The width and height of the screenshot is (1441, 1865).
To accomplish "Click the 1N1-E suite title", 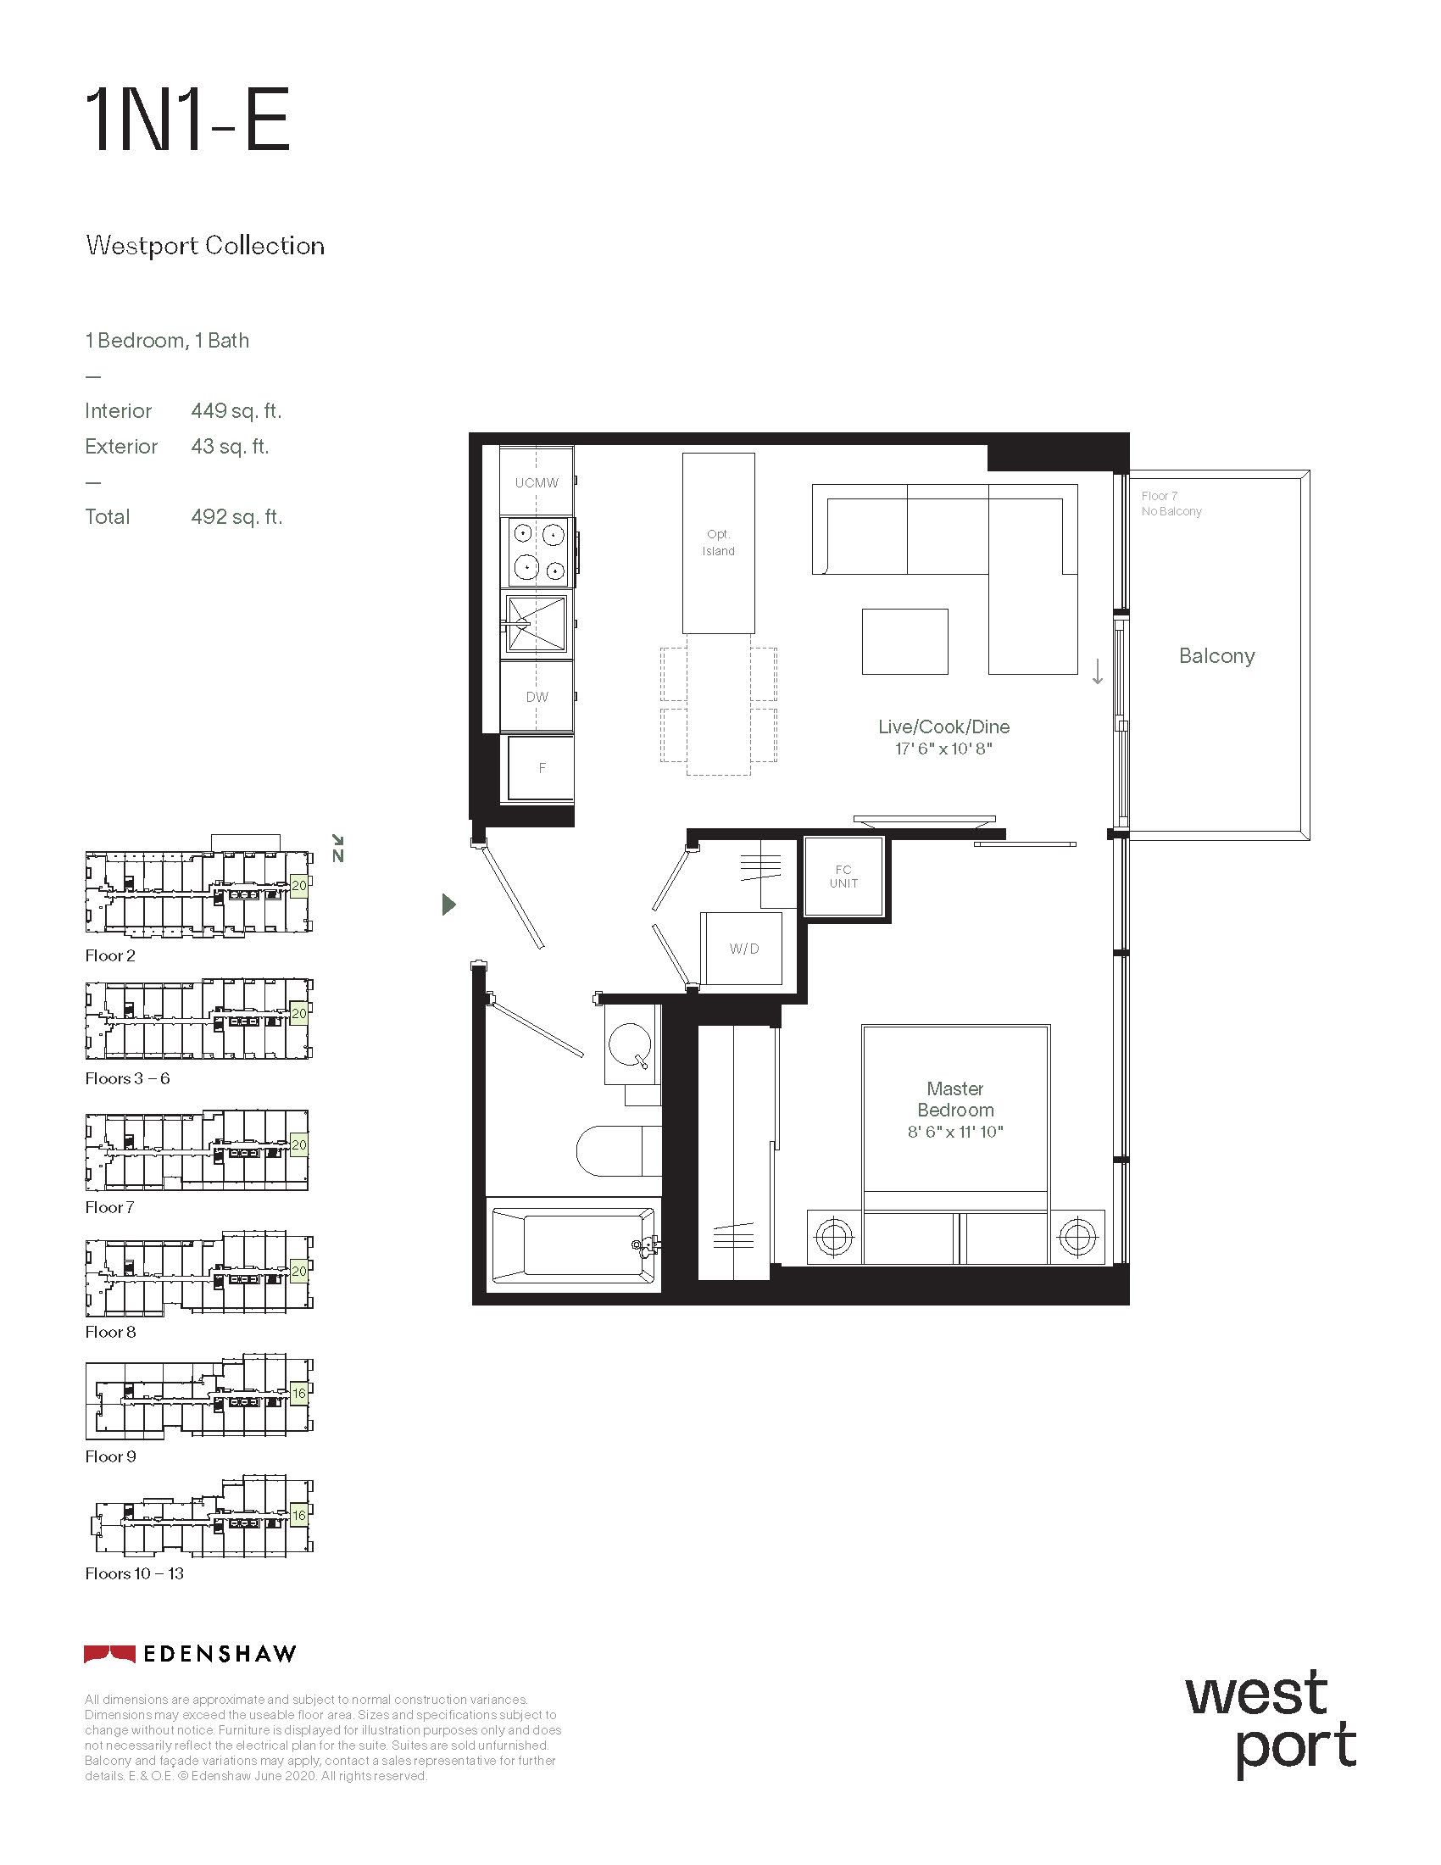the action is [x=188, y=120].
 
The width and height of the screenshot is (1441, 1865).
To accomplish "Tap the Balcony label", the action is [x=1216, y=656].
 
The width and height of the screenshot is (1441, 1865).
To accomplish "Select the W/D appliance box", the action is [x=741, y=948].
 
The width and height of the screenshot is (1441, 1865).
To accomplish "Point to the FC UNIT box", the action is [x=843, y=877].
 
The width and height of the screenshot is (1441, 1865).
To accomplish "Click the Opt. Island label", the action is [x=718, y=543].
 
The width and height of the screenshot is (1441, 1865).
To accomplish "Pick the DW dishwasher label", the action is [x=537, y=697].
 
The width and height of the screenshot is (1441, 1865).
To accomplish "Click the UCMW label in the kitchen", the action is [x=537, y=482].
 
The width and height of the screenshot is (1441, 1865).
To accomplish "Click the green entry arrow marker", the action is [x=449, y=905].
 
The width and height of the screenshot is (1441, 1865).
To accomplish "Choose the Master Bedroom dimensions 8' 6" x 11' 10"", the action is [x=955, y=1133].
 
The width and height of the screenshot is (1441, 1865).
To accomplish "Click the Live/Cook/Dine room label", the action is [x=944, y=727].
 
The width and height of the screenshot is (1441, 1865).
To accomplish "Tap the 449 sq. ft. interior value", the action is [x=236, y=412].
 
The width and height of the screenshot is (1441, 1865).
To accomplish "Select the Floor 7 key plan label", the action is [x=109, y=1207].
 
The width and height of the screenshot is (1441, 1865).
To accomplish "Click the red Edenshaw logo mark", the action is [x=109, y=1654].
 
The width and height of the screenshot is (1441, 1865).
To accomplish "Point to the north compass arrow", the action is [x=337, y=841].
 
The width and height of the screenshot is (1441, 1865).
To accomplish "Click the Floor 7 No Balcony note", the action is [x=1171, y=504].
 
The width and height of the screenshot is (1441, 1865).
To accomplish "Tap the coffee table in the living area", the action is [x=905, y=642].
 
